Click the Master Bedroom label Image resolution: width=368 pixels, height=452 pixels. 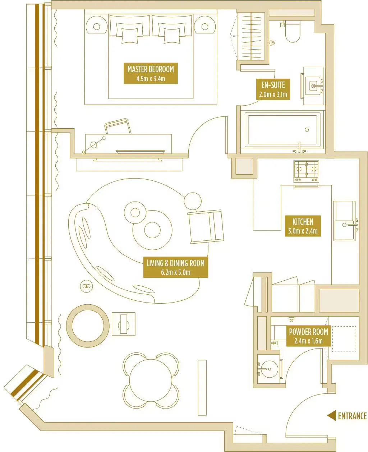(151, 74)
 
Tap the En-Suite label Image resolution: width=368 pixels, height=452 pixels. (273, 89)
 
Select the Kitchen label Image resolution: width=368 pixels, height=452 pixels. (303, 226)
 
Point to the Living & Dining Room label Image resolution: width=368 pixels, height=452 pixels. (175, 267)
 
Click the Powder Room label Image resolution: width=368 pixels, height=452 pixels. (308, 336)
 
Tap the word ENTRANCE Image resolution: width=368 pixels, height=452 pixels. (352, 416)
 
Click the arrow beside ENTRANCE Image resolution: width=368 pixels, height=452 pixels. (332, 415)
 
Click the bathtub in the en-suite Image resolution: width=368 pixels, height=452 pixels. (282, 130)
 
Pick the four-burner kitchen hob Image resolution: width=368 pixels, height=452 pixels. (306, 171)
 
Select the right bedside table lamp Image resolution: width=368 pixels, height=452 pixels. (205, 26)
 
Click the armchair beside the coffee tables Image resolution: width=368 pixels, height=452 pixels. (206, 226)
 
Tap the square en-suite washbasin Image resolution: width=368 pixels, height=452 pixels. (313, 86)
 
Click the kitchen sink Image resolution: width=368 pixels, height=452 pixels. (344, 225)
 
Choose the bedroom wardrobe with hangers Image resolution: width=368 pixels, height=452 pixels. (251, 36)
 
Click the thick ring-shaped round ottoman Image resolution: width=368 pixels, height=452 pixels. (88, 326)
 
